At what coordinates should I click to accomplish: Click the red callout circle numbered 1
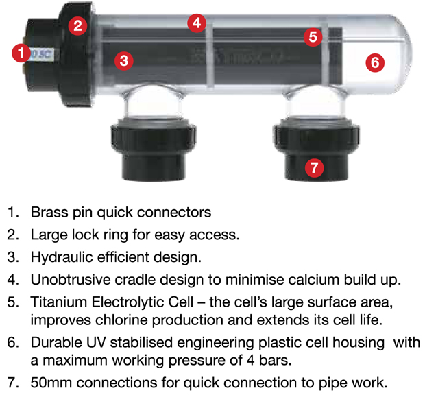coord(21,53)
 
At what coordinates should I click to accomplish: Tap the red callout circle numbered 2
coord(77,26)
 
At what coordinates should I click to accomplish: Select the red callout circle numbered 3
coord(124,60)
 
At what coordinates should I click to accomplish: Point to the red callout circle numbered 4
coord(197,23)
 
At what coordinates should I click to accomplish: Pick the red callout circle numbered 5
coord(313,37)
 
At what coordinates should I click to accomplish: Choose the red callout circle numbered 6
coord(375,62)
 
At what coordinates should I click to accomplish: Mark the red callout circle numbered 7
coord(315,167)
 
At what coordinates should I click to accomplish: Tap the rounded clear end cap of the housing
coord(390,54)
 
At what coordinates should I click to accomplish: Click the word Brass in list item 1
coord(49,212)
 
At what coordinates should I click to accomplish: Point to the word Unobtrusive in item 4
coord(71,280)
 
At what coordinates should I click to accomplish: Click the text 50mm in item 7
coord(51,383)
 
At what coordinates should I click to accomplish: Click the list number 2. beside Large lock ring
coord(13,235)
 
